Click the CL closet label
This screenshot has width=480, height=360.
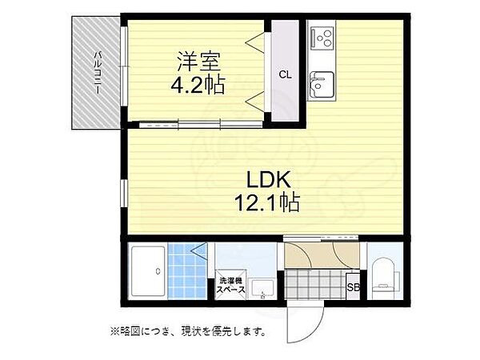(x=284, y=74)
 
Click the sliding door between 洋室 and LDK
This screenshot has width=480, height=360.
(x=200, y=123)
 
